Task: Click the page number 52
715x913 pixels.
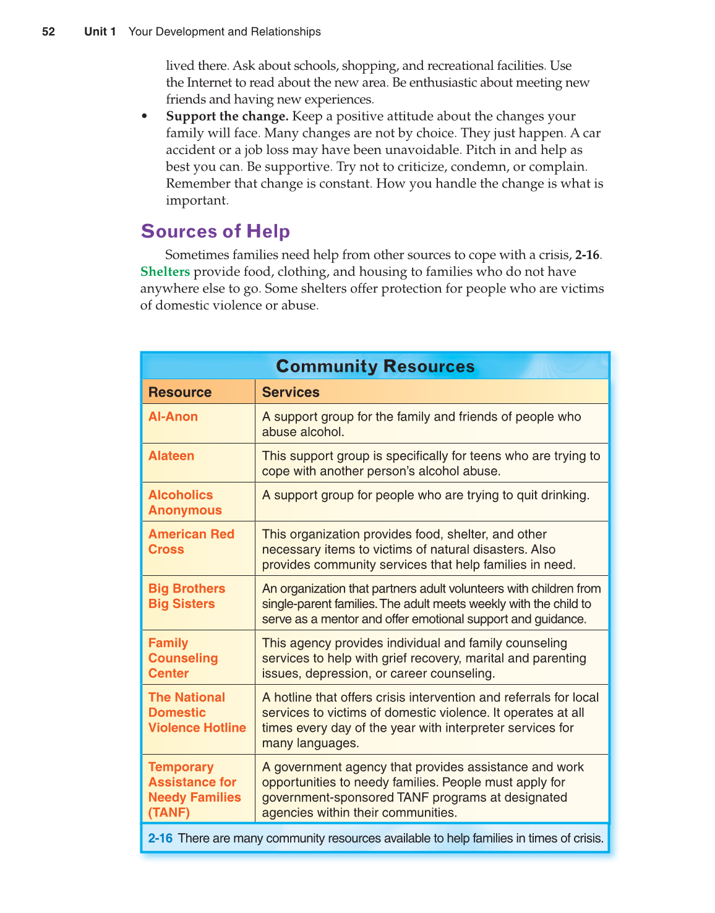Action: pyautogui.click(x=48, y=32)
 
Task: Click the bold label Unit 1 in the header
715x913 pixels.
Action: pyautogui.click(x=100, y=32)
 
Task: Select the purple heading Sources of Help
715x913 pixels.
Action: pyautogui.click(x=215, y=231)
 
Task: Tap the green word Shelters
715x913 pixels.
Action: pyautogui.click(x=165, y=272)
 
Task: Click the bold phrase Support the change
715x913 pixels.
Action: pyautogui.click(x=227, y=116)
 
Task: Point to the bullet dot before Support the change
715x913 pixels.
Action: pyautogui.click(x=145, y=116)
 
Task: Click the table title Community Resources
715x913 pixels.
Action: pyautogui.click(x=375, y=366)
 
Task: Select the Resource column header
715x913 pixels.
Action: pyautogui.click(x=180, y=392)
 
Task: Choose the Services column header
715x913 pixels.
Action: pyautogui.click(x=291, y=392)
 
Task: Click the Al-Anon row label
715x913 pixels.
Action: pyautogui.click(x=173, y=417)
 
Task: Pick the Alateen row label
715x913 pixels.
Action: pyautogui.click(x=171, y=456)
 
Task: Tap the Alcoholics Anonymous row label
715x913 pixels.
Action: pyautogui.click(x=184, y=502)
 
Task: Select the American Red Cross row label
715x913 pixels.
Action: pyautogui.click(x=191, y=542)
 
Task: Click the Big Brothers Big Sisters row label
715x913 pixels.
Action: pyautogui.click(x=186, y=596)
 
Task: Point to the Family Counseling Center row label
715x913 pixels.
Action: pyautogui.click(x=182, y=658)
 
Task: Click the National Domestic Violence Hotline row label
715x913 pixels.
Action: pyautogui.click(x=197, y=713)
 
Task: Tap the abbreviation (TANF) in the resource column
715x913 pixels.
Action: pyautogui.click(x=169, y=813)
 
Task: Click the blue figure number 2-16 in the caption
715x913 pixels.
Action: pyautogui.click(x=160, y=839)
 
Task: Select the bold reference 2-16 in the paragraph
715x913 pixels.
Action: pyautogui.click(x=587, y=255)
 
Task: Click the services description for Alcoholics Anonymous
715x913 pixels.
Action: pyautogui.click(x=426, y=495)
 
